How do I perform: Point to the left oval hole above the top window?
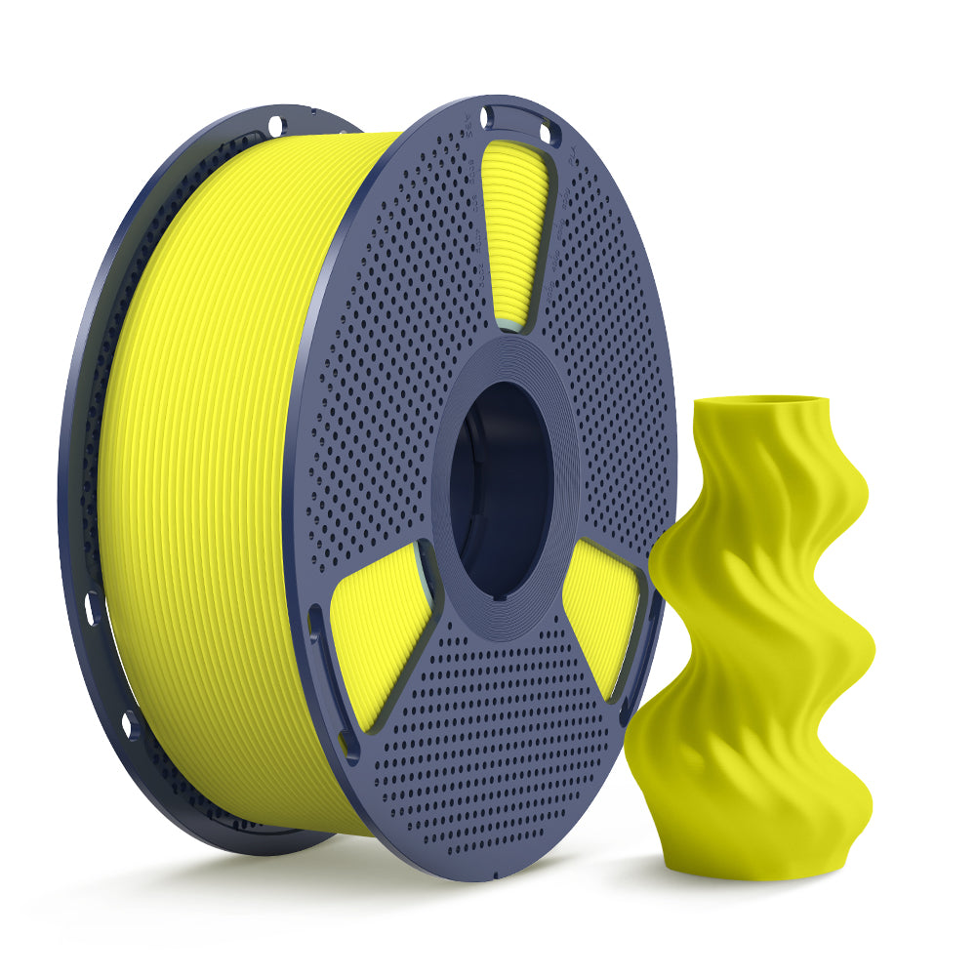487,118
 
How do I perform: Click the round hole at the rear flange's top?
276,124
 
